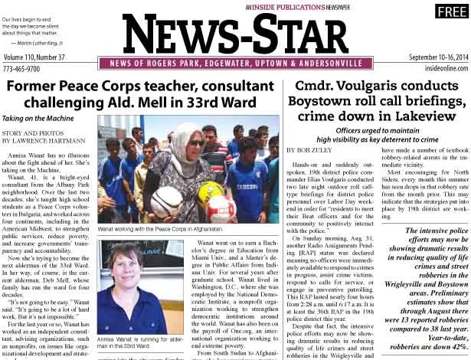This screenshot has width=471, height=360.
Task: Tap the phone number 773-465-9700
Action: point(24,69)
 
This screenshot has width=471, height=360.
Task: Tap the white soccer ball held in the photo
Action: point(165,200)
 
